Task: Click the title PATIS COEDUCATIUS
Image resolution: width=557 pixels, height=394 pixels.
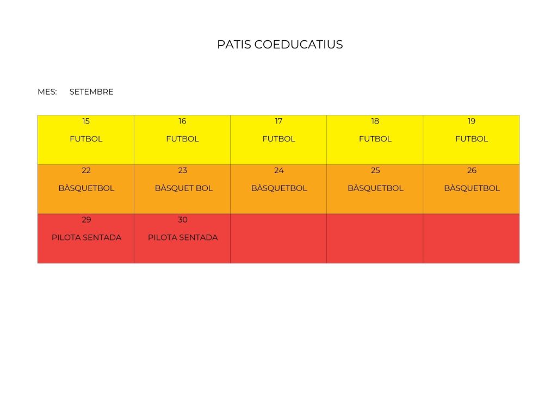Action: (280, 45)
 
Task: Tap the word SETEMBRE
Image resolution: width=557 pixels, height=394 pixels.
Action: (91, 92)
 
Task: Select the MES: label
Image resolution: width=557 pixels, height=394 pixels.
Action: (47, 92)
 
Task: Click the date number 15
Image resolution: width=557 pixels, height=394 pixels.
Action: (86, 121)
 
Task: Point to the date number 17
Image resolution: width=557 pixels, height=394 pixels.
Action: (278, 121)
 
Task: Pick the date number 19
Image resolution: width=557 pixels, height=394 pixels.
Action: (472, 121)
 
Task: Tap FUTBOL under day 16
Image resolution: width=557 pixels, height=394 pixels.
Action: (182, 139)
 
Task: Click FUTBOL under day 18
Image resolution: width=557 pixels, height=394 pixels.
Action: (375, 139)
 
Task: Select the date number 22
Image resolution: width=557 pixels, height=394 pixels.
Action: (86, 170)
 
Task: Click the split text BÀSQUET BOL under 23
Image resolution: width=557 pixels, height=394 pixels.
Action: (183, 188)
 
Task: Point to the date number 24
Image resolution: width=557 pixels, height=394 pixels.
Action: (278, 170)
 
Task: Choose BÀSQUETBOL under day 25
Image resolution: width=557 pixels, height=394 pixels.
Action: (375, 188)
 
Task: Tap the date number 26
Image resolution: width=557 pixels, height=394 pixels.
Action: (472, 170)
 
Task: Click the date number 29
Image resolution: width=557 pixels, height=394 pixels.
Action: (86, 220)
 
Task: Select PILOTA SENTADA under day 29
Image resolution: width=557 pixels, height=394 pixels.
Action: (86, 238)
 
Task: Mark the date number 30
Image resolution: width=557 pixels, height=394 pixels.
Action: (183, 220)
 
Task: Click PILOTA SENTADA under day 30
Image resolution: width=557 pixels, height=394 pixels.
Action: (183, 238)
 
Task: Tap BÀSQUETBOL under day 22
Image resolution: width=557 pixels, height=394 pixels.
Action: (86, 188)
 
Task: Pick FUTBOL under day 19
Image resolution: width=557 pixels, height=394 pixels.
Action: (472, 139)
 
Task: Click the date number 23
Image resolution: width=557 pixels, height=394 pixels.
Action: (183, 170)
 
